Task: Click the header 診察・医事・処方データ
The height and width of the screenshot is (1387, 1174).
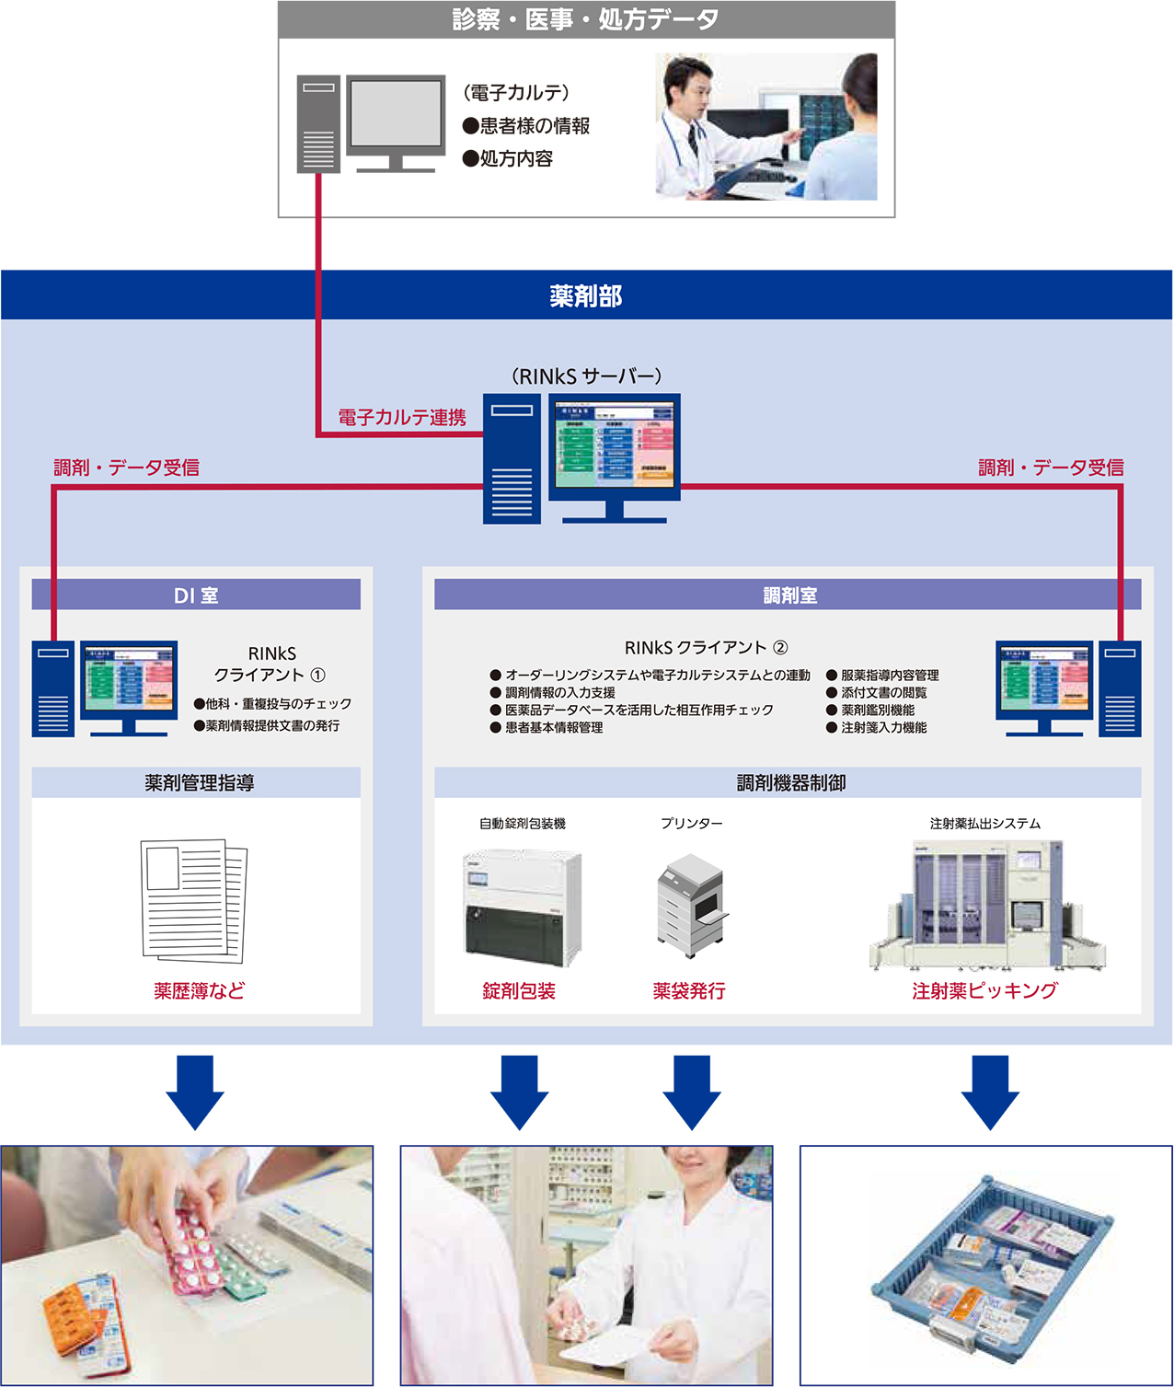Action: pos(586,19)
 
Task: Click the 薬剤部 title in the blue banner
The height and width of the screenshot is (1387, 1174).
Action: pos(586,295)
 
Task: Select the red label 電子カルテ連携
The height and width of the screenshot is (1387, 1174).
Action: pos(402,418)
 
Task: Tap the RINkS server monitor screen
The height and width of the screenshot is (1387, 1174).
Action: pos(615,445)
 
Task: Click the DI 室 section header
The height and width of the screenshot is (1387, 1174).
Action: pos(196,595)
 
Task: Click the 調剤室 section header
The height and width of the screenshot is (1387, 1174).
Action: pos(789,595)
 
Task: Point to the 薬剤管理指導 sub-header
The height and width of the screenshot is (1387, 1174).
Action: pos(199,783)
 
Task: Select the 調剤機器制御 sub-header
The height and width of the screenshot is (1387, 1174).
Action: pos(790,783)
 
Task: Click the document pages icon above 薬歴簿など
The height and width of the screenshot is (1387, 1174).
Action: pos(194,900)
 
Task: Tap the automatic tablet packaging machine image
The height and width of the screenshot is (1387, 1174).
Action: pos(522,907)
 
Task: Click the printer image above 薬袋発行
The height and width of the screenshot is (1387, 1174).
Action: pos(691,906)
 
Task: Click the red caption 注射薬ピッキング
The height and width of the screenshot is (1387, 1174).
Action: pos(984,990)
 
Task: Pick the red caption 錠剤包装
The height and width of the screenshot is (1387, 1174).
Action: pos(519,991)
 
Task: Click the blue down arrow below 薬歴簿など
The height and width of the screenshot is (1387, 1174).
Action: pos(195,1092)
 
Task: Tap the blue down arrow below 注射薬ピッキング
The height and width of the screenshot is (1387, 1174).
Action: pos(990,1092)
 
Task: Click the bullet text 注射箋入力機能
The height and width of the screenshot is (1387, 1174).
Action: pos(883,728)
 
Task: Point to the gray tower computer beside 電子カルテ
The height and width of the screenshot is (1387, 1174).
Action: pos(318,124)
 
